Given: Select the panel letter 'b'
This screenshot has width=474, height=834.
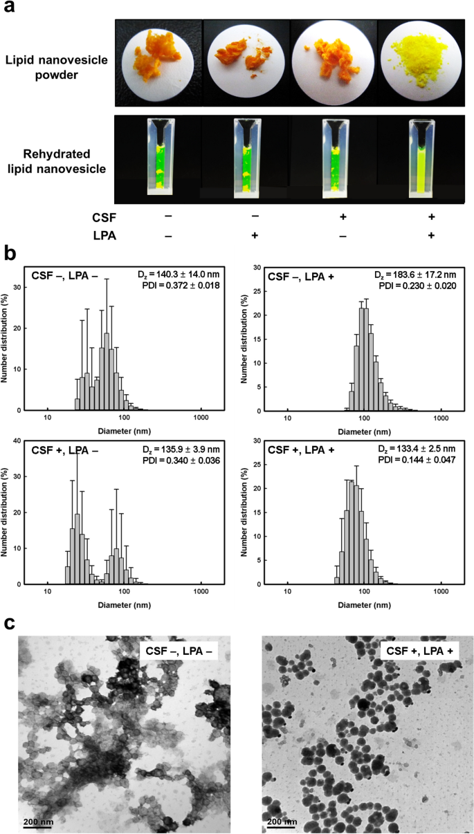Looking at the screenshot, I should (10, 252).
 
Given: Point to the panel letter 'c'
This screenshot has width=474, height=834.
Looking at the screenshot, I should (10, 622).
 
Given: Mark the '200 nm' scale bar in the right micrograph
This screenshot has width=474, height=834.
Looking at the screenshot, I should (281, 822).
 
